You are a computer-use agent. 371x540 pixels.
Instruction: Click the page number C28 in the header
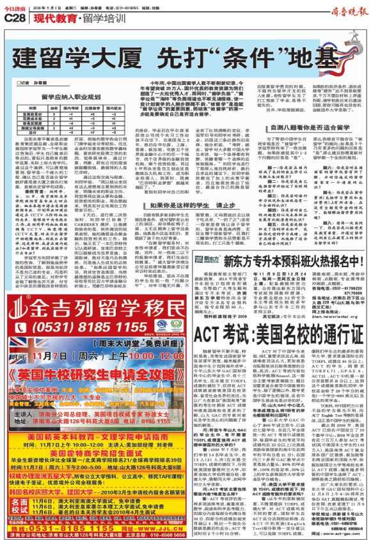click(x=13, y=19)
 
